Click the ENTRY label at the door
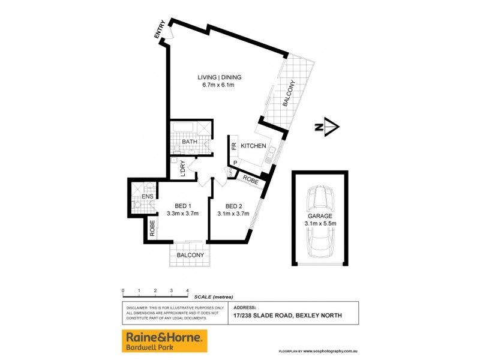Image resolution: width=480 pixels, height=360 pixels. pyautogui.click(x=161, y=31)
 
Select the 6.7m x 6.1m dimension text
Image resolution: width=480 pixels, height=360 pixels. pyautogui.click(x=218, y=85)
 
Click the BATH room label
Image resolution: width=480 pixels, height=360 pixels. pyautogui.click(x=190, y=142)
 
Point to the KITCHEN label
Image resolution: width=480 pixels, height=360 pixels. pyautogui.click(x=253, y=146)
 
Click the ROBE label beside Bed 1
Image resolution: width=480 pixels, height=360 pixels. pyautogui.click(x=153, y=230)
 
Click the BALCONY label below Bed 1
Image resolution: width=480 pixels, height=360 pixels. pyautogui.click(x=190, y=255)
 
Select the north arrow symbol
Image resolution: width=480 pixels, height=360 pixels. pyautogui.click(x=328, y=127)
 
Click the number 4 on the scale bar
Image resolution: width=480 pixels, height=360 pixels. pyautogui.click(x=188, y=291)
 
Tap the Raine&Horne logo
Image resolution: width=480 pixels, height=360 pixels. pyautogui.click(x=164, y=341)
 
